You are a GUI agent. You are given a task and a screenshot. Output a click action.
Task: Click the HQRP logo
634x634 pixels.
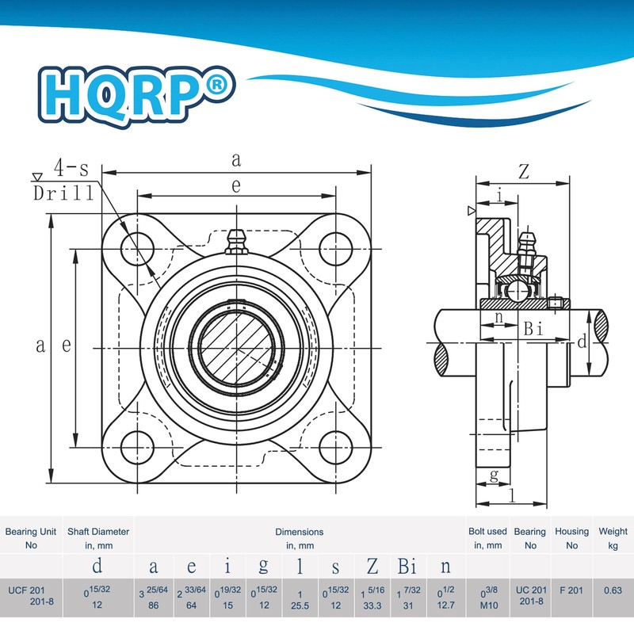tap(136, 89)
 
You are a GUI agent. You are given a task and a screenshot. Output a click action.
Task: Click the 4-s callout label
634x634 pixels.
tap(71, 168)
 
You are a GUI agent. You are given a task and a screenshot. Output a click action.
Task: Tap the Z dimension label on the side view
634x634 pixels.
tap(523, 170)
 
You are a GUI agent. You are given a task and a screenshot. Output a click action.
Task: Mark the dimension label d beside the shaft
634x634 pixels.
tap(582, 342)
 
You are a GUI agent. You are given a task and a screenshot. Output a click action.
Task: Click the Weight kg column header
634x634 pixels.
tap(613, 538)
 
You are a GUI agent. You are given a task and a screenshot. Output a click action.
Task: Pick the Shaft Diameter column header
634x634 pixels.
tap(97, 538)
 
